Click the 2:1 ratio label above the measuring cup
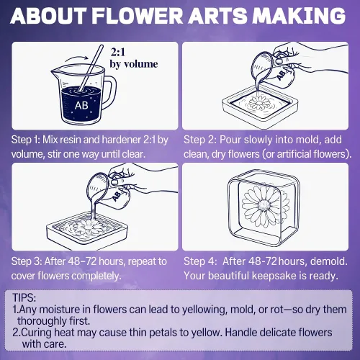coord(118,52)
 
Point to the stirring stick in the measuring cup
coord(91,68)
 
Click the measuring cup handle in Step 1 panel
coord(109,89)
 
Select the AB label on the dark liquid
coord(81,105)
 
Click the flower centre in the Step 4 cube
coord(264,206)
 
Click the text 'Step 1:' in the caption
coord(25,140)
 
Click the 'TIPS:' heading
coord(24,298)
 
